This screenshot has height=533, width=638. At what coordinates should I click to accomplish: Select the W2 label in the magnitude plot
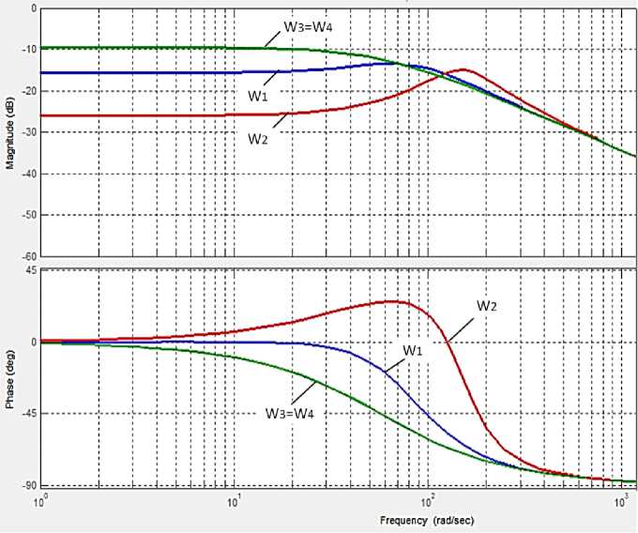tap(260, 139)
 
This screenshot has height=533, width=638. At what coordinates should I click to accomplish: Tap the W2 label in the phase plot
tap(487, 305)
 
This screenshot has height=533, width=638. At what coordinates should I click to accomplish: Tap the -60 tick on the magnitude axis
tap(29, 256)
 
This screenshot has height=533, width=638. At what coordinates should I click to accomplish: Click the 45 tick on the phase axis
tap(31, 271)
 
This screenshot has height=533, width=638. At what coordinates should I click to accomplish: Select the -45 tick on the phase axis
tap(29, 414)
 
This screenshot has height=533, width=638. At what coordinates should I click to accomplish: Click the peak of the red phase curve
tap(392, 301)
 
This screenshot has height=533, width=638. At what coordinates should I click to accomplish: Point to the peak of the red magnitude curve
tap(463, 69)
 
